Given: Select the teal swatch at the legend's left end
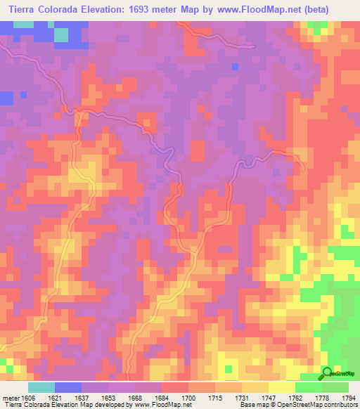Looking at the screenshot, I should coord(41,387).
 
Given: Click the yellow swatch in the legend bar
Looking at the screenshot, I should coord(281,387).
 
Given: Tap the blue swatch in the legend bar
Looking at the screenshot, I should coord(68,387).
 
